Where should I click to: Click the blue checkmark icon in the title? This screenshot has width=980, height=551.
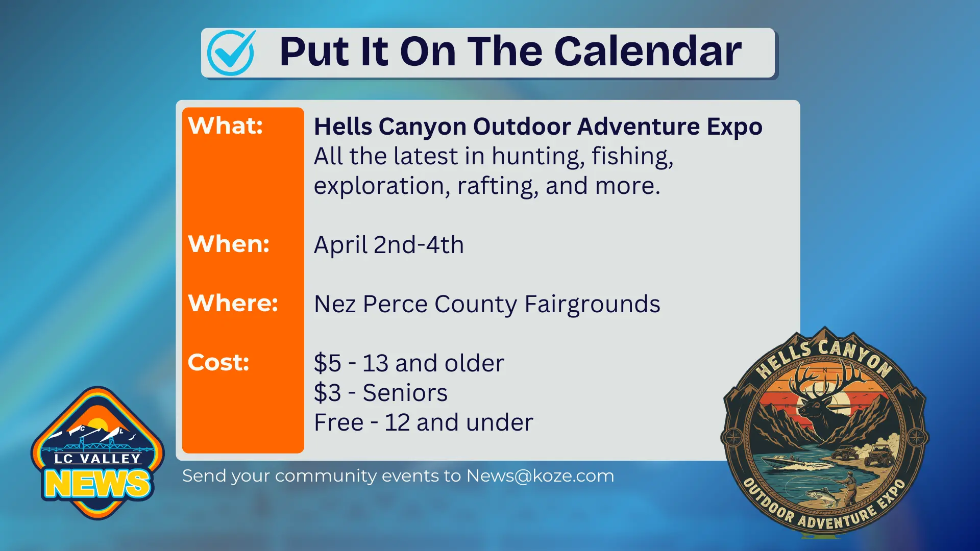pos(231,53)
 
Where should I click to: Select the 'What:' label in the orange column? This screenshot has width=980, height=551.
pos(225,126)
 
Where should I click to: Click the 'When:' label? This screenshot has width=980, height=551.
pos(229,244)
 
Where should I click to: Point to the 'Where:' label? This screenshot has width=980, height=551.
pos(233,303)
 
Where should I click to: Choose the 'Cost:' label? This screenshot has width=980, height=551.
pos(218,362)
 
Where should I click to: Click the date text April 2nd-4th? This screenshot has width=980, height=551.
pos(388,245)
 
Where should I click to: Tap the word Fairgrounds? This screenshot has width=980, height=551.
pos(592,304)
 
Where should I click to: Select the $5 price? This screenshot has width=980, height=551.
pos(327,363)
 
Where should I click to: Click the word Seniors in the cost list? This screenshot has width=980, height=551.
pos(405,393)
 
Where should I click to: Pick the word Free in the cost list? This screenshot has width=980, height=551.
pos(338,422)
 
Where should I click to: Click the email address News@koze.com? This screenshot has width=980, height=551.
pos(540,475)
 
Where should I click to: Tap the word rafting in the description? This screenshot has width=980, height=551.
pos(497,186)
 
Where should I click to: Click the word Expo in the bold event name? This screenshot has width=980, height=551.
pos(734,127)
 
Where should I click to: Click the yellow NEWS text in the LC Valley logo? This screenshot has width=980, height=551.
pos(97,484)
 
